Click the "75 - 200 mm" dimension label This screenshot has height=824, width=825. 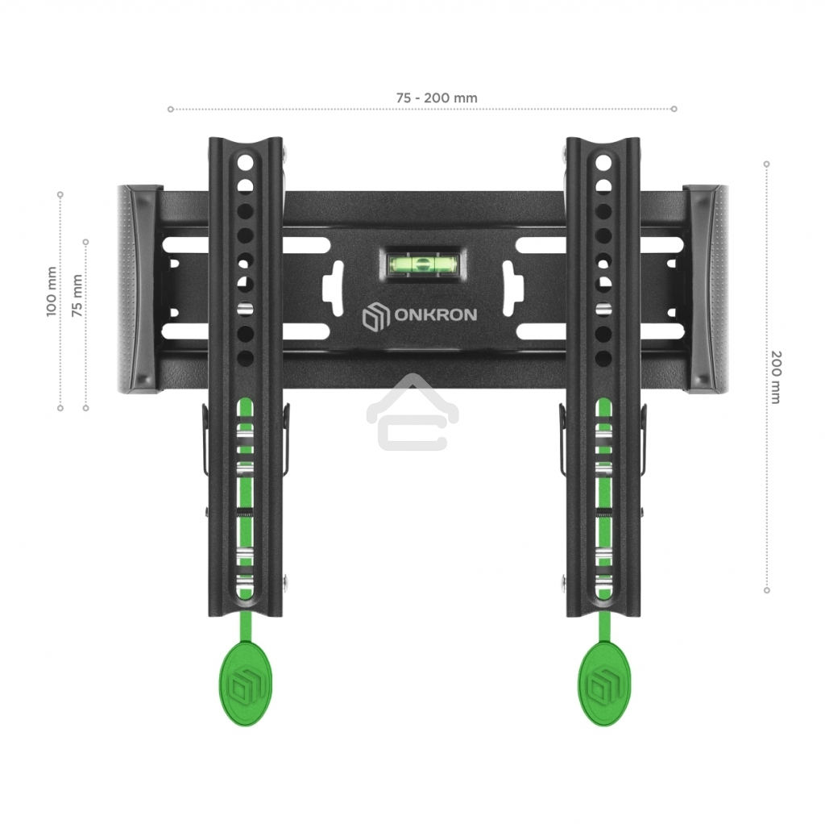(x=437, y=98)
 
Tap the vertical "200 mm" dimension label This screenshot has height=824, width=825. (x=776, y=377)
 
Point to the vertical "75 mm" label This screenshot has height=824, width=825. (x=77, y=295)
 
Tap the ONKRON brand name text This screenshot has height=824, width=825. (x=435, y=314)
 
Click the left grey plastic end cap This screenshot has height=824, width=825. (x=135, y=288)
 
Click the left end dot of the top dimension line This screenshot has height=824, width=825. (x=170, y=109)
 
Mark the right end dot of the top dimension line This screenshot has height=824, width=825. (x=674, y=109)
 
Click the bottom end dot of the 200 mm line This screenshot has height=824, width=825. (x=766, y=589)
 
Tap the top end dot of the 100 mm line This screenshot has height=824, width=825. (x=60, y=194)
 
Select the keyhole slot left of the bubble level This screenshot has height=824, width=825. (x=333, y=289)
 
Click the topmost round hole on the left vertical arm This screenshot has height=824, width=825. (x=246, y=161)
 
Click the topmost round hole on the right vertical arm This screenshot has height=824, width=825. (x=603, y=161)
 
